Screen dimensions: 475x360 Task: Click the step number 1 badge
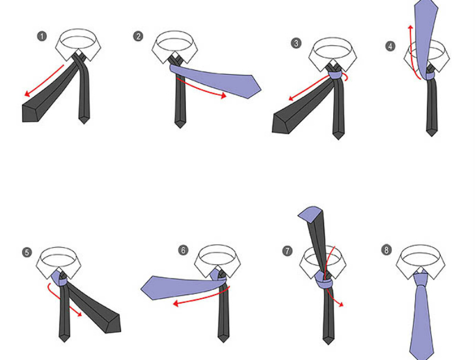[42, 37]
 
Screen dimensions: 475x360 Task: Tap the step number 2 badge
[138, 36]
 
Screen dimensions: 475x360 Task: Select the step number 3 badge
[296, 43]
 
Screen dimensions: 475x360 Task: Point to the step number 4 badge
[390, 46]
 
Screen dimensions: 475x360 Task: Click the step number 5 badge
[27, 252]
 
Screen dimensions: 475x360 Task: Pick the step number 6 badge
[183, 250]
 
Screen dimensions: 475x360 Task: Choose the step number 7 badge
[287, 251]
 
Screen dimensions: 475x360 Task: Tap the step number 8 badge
[387, 250]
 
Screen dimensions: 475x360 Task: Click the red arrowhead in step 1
[27, 94]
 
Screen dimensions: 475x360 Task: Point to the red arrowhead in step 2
[224, 96]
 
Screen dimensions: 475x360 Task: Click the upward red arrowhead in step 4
[411, 28]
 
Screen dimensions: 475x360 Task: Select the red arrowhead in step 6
[175, 303]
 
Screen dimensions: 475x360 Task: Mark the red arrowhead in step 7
[341, 304]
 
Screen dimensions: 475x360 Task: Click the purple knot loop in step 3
[335, 76]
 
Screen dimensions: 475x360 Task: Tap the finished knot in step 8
[420, 279]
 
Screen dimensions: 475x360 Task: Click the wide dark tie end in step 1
[31, 113]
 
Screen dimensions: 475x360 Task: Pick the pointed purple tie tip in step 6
[149, 288]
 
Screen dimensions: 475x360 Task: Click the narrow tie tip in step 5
[65, 337]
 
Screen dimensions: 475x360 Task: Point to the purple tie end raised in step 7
[309, 214]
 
